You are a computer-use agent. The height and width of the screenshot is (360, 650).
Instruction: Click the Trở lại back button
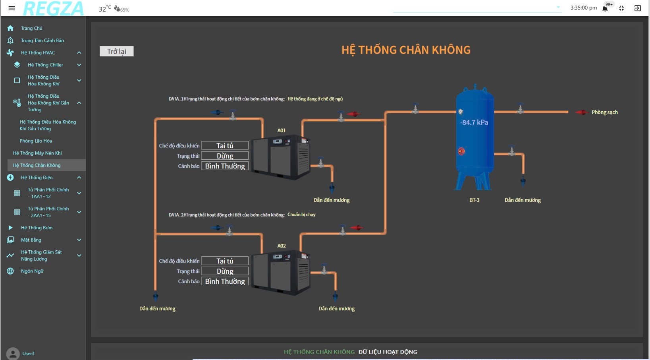pyautogui.click(x=116, y=51)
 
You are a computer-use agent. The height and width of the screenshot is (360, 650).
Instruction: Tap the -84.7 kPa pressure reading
pyautogui.click(x=474, y=122)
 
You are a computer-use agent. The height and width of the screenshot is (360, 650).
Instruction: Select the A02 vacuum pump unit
pyautogui.click(x=281, y=272)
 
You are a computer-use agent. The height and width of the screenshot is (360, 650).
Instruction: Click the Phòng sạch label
pyautogui.click(x=604, y=112)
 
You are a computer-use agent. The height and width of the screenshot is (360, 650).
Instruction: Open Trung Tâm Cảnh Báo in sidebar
pyautogui.click(x=42, y=41)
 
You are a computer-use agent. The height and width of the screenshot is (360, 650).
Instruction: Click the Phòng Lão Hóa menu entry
pyautogui.click(x=36, y=141)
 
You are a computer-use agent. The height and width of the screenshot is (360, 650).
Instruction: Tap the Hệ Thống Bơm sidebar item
pyautogui.click(x=37, y=228)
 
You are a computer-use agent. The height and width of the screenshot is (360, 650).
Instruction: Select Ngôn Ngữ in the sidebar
pyautogui.click(x=32, y=271)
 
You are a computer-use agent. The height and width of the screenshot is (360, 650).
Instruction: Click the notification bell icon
pyautogui.click(x=605, y=8)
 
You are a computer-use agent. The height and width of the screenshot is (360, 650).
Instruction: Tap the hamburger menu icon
pyautogui.click(x=12, y=8)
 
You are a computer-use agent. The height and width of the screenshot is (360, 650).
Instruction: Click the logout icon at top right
pyautogui.click(x=637, y=8)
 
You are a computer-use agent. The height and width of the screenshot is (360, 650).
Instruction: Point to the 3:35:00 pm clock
pyautogui.click(x=583, y=8)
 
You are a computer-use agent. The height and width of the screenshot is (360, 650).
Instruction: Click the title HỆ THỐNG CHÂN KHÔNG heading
pyautogui.click(x=406, y=50)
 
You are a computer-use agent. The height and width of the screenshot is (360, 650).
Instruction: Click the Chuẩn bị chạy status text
pyautogui.click(x=301, y=215)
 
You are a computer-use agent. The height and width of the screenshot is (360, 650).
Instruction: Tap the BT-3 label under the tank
pyautogui.click(x=474, y=200)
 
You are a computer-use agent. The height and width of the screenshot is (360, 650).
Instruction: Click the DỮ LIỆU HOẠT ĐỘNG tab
pyautogui.click(x=388, y=352)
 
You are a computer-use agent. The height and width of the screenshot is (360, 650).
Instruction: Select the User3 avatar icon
pyautogui.click(x=13, y=354)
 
